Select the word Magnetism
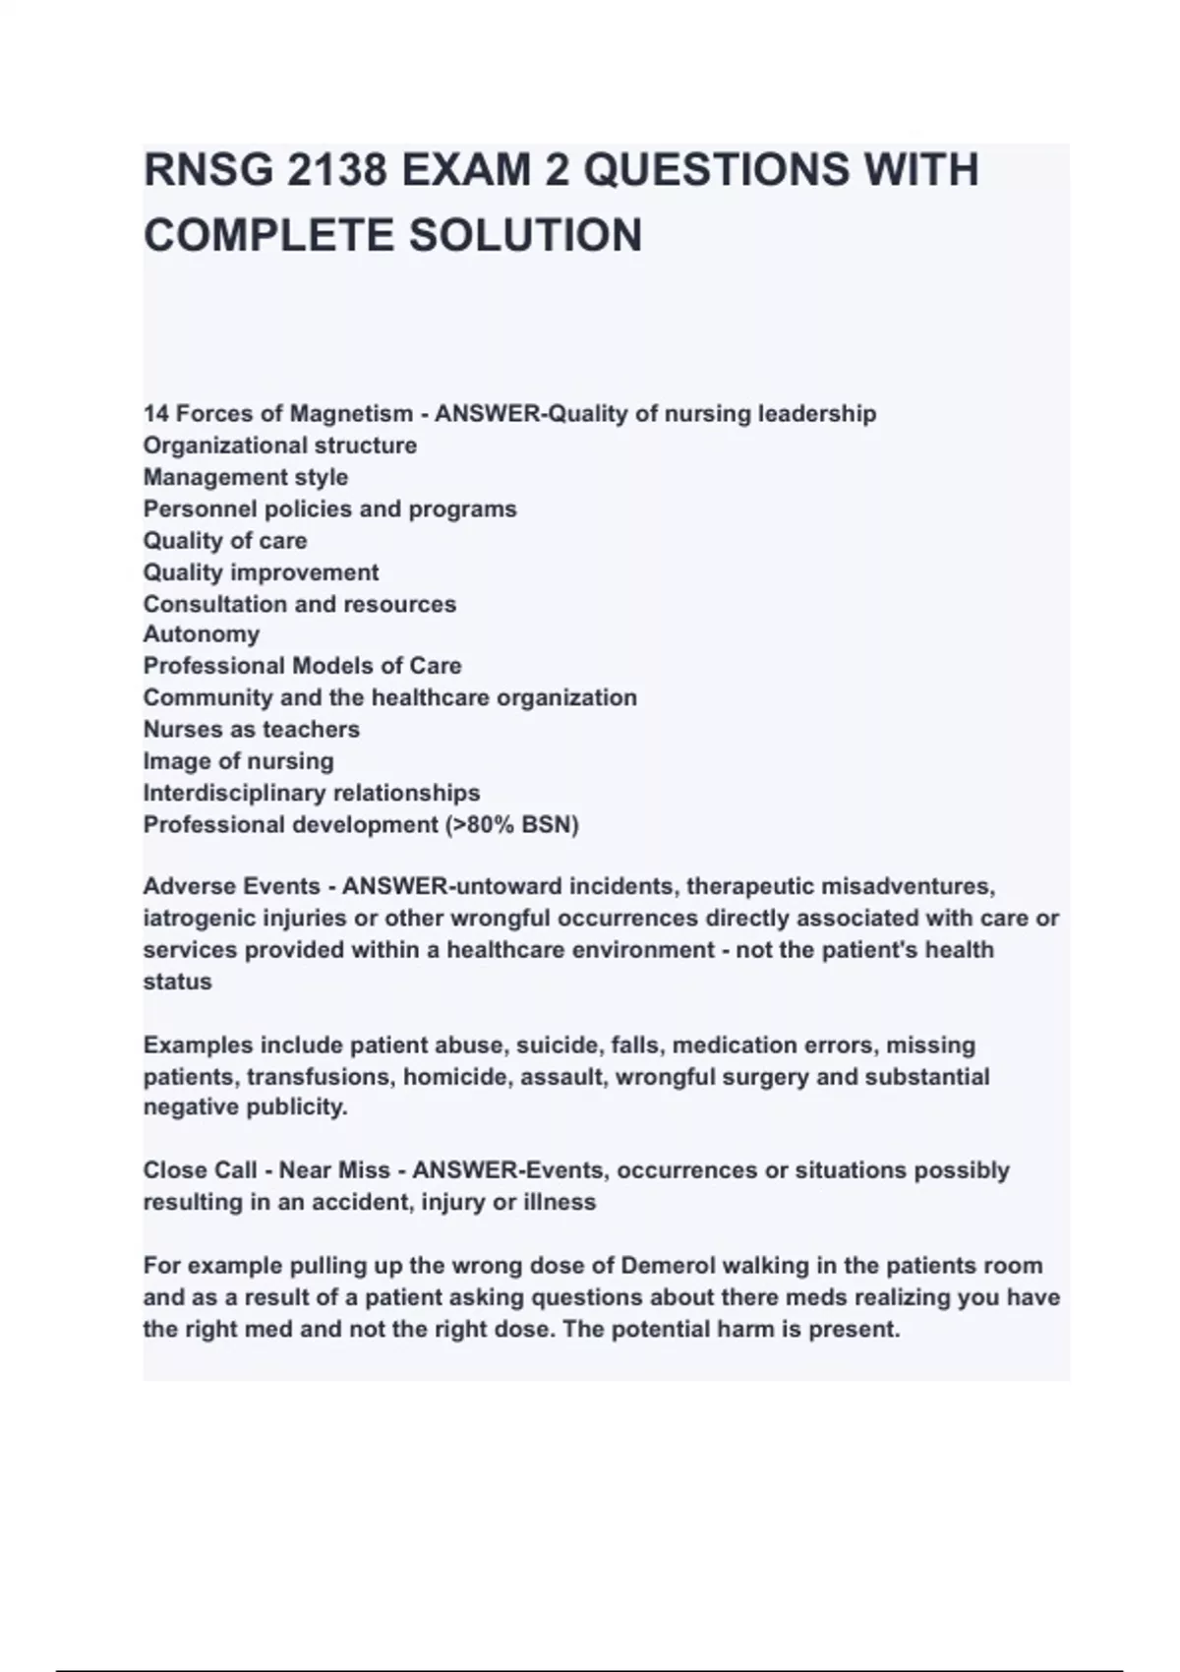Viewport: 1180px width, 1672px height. [x=350, y=414]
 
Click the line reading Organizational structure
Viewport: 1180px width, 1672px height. [x=279, y=446]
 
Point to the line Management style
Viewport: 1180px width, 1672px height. [x=245, y=477]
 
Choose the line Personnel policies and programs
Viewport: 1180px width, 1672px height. [x=329, y=509]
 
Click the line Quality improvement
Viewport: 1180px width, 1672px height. [x=261, y=572]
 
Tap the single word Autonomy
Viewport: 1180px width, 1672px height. [x=201, y=634]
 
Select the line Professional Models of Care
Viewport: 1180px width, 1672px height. [x=302, y=666]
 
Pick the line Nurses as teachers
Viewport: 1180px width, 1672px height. [x=251, y=730]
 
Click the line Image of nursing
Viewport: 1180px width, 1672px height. [x=238, y=761]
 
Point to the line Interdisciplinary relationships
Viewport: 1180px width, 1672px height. [x=311, y=793]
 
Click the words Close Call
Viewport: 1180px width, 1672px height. [x=200, y=1170]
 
